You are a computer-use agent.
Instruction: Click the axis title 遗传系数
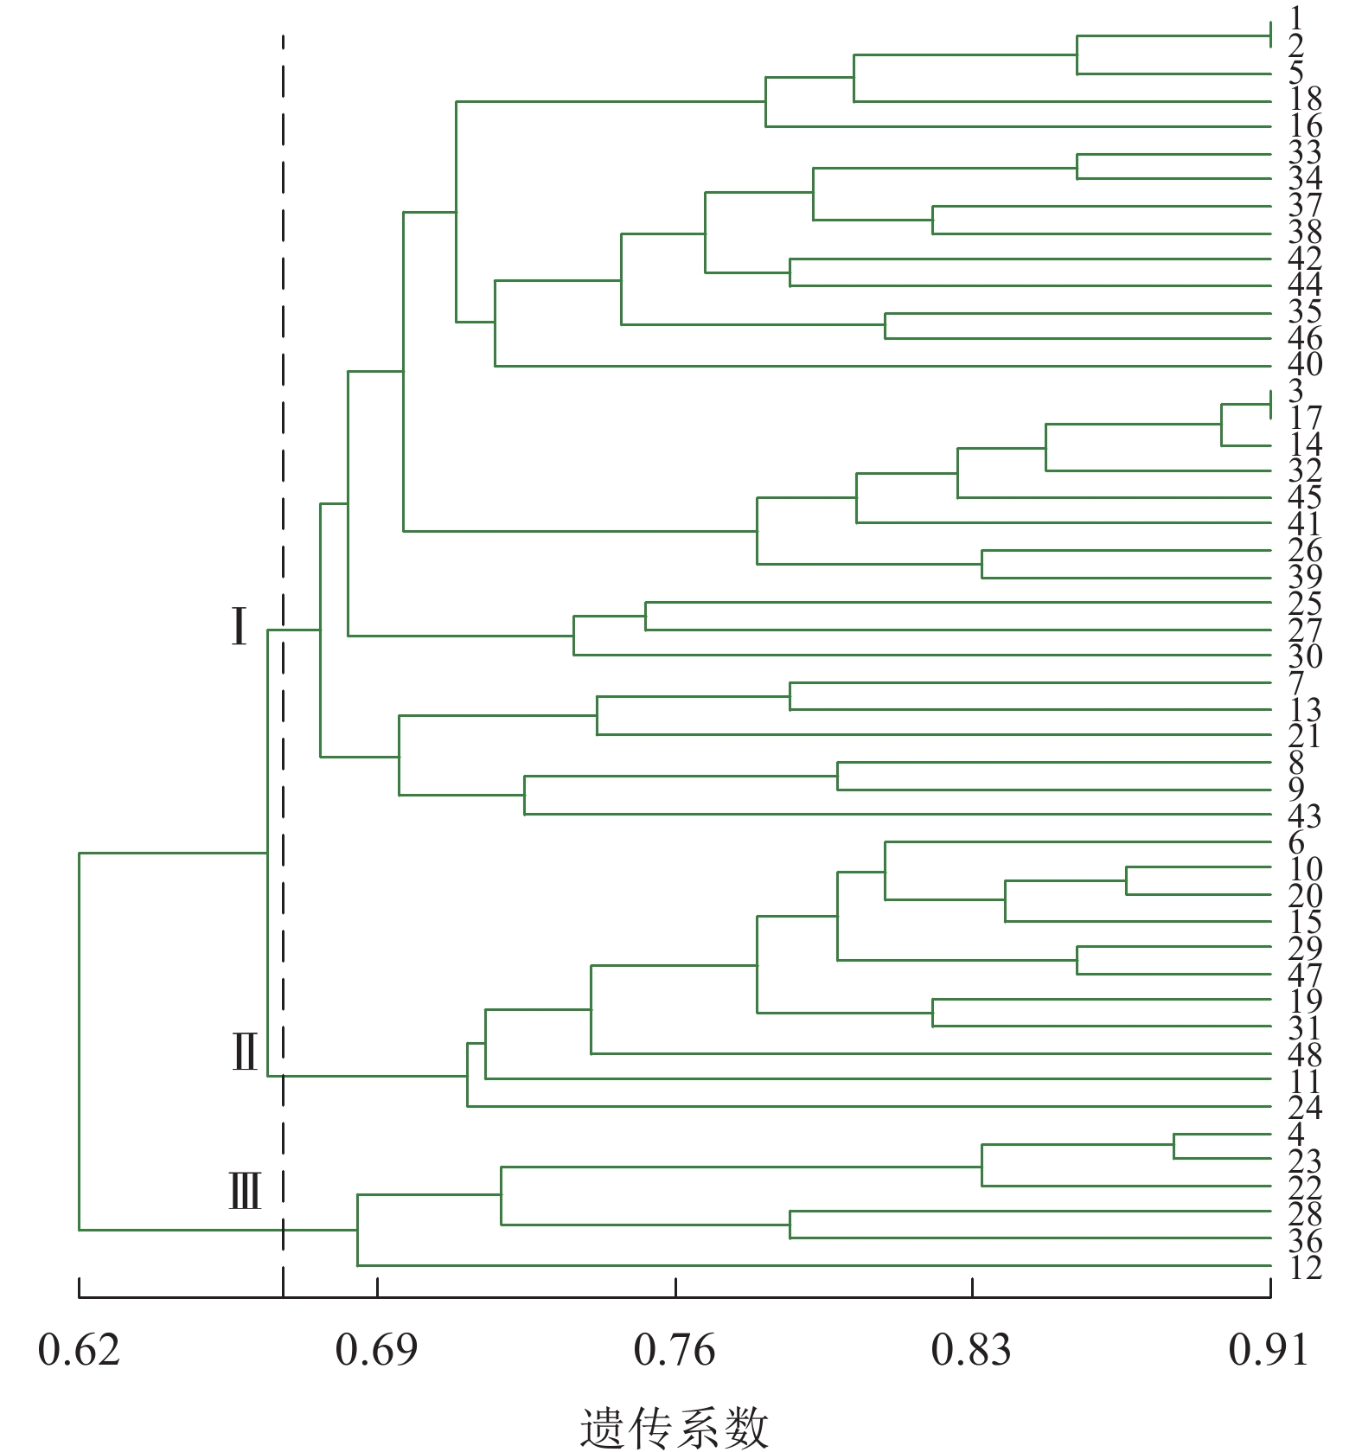[674, 1427]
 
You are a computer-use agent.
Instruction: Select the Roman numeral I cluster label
[240, 627]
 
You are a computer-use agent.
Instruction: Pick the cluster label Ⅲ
[245, 1191]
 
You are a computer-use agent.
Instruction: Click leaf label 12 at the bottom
[1305, 1268]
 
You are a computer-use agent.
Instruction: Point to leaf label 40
[1305, 364]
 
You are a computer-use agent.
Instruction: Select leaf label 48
[1305, 1055]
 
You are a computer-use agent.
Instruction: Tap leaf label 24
[1305, 1108]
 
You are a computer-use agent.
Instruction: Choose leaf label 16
[1305, 125]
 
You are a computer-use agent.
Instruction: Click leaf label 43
[1305, 816]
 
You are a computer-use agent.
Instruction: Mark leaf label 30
[1305, 656]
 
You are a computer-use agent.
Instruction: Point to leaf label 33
[1305, 152]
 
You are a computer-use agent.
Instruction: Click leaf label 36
[1305, 1241]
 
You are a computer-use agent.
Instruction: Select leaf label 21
[1305, 736]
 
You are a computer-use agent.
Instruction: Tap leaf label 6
[1295, 842]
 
